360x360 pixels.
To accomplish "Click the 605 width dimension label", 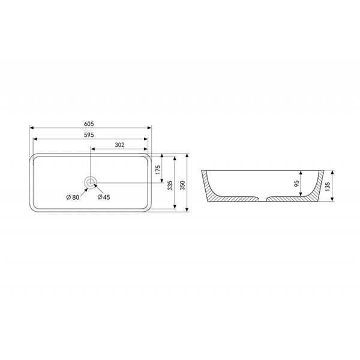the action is point(89,124).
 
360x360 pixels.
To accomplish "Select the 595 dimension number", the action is point(89,135).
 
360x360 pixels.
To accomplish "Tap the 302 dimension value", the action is point(119,145).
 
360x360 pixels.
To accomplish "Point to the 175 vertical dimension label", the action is point(158,170).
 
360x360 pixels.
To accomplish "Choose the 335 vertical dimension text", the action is point(170,185).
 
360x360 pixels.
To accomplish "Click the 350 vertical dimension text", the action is point(182,185).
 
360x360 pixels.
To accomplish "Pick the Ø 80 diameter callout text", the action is point(73,197).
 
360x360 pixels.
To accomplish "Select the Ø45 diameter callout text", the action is point(104,197).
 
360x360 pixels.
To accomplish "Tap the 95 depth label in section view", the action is point(296,184).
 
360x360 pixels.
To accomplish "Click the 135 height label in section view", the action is point(328,187).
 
